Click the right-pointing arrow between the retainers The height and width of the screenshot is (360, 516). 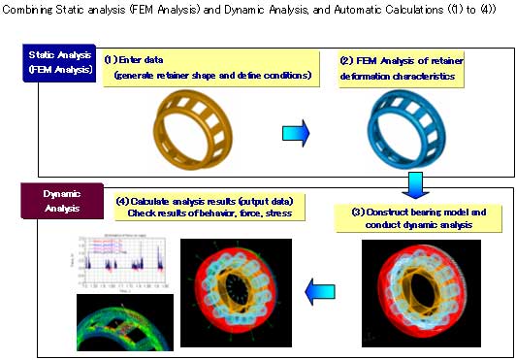pyautogui.click(x=296, y=131)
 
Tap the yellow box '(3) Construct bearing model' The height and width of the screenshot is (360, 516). pyautogui.click(x=423, y=216)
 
